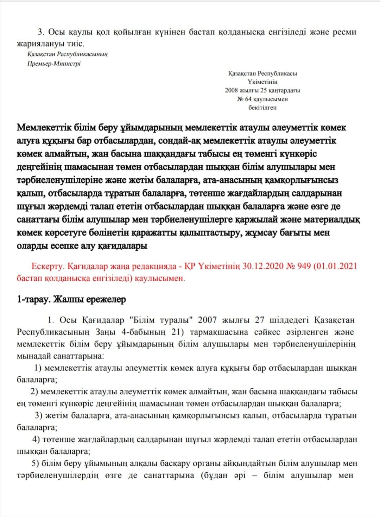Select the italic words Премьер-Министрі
(54, 64)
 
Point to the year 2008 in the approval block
(231, 90)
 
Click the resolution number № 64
(245, 99)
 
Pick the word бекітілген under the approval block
(262, 108)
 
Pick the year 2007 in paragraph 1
(208, 320)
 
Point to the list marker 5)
(35, 463)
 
